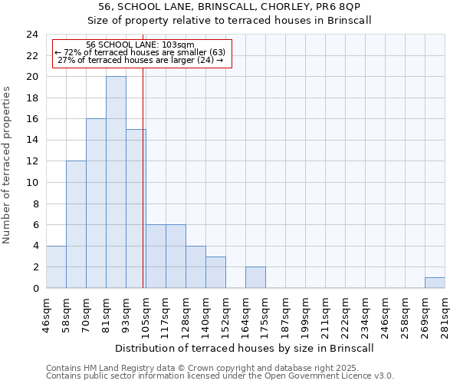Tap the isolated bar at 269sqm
tap(435, 283)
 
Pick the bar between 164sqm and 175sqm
tap(255, 277)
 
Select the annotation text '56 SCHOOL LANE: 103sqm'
tap(140, 45)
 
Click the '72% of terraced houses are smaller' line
tap(140, 52)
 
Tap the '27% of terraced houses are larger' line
tap(140, 60)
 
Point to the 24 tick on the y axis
tap(32, 35)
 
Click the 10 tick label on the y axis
tap(32, 183)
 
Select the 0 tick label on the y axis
tap(35, 289)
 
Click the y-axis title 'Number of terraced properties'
tap(7, 165)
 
